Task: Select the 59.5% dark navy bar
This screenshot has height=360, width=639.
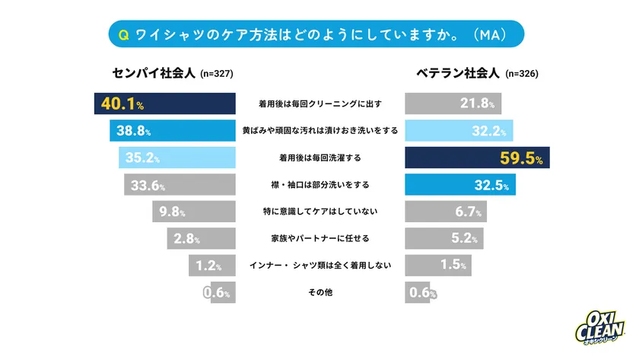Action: (x=477, y=158)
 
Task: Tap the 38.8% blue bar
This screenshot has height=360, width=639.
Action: (x=172, y=131)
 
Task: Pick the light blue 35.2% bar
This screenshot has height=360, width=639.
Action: (x=176, y=158)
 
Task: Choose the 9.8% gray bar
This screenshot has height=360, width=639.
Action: (x=193, y=212)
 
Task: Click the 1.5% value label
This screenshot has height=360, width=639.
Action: (x=454, y=266)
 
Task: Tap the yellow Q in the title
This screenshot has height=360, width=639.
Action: (x=124, y=34)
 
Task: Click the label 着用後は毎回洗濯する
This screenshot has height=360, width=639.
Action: (x=319, y=158)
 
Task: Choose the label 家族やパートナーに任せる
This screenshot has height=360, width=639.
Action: (x=319, y=239)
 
